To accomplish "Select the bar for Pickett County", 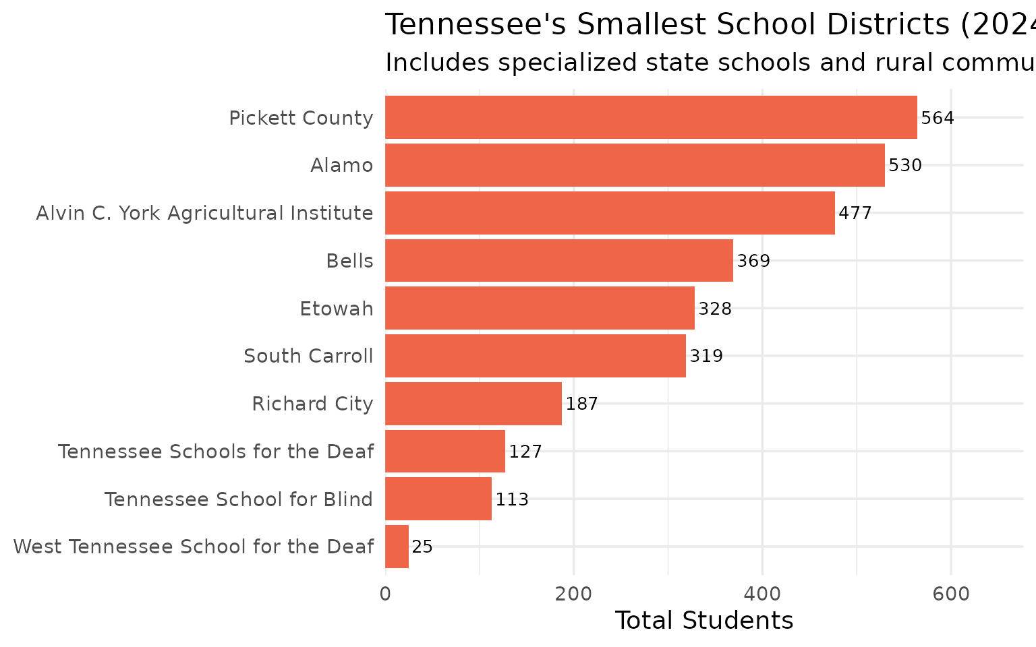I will coord(651,117).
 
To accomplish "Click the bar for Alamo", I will coord(635,165).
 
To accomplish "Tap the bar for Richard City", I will coord(473,404).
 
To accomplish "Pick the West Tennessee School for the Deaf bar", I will coord(397,547).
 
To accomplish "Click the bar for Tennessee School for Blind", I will coord(438,499).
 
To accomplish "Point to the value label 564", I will coord(938,119).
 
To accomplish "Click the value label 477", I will coord(855,214).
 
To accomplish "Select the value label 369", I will coord(753,261).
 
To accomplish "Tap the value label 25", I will coord(422,547).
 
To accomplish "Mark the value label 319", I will coord(706,357).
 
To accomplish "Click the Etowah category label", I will coord(336,309).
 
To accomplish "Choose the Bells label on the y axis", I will coord(349,261).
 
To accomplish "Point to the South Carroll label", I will coord(308,356).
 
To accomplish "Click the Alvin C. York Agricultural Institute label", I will coord(204,213).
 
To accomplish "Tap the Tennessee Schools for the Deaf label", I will coord(216,452).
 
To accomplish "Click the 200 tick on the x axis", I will coord(573,594).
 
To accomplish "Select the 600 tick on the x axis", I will coord(950,594).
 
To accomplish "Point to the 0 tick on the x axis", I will coord(385,594).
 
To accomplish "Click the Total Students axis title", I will coord(704,621).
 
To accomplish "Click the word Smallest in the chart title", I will coord(640,26).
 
